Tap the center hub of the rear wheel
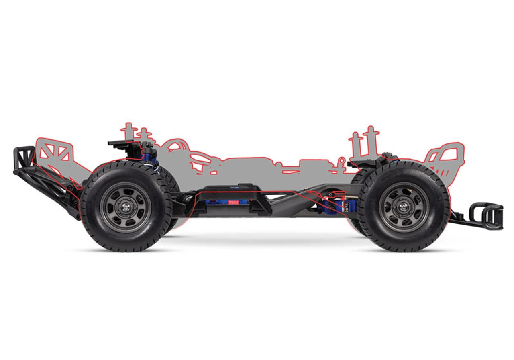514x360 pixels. pos(126,207)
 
